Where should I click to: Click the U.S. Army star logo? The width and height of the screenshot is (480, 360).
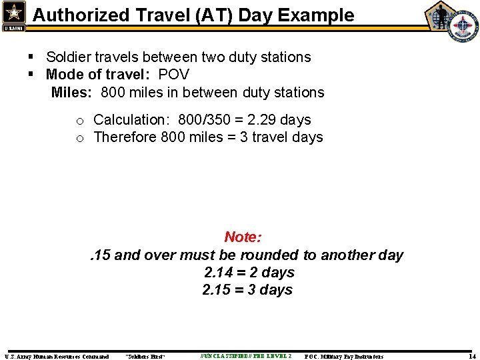tap(14, 14)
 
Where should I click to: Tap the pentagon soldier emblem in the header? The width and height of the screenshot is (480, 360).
tap(441, 15)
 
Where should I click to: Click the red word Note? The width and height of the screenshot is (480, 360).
tap(243, 237)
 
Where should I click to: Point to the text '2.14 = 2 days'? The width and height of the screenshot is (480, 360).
tap(249, 272)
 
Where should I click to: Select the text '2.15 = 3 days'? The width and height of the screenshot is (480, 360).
tap(247, 289)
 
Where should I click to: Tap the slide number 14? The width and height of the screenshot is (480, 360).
tap(471, 356)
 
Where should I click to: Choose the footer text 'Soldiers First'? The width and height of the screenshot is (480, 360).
tap(145, 357)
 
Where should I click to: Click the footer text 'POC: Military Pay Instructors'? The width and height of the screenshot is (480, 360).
tap(343, 357)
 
